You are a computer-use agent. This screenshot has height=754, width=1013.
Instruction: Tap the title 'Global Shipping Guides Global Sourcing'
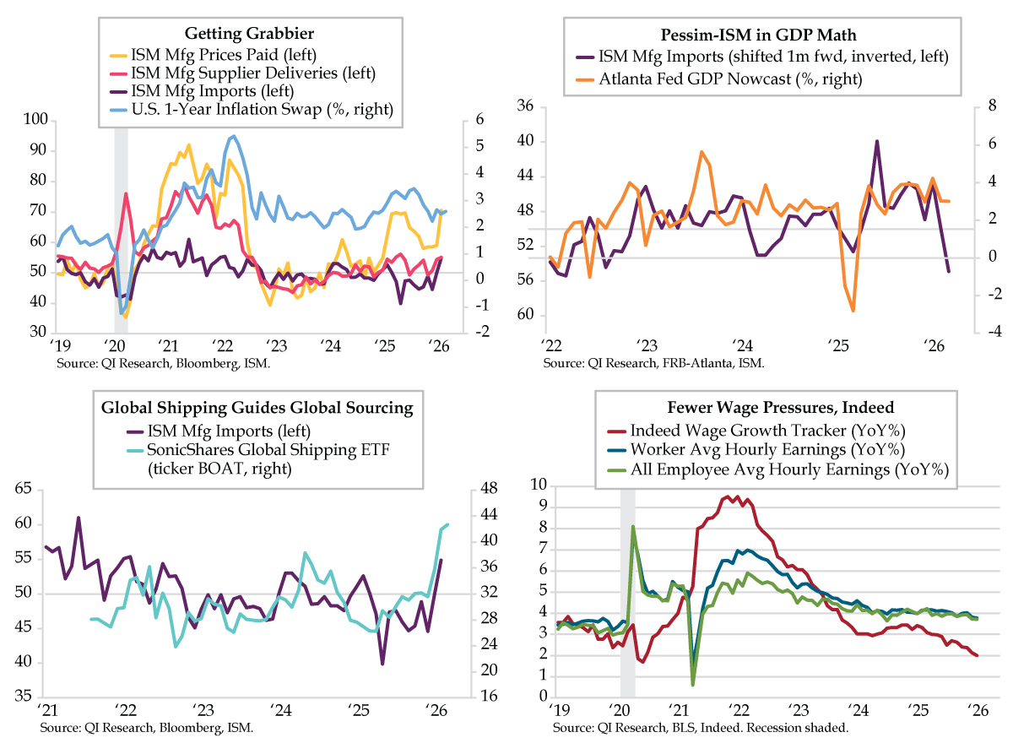tap(257, 408)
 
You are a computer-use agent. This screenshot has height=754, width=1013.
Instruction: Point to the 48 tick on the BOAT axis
tap(464, 489)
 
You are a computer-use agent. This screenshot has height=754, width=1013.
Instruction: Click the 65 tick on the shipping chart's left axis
tap(24, 489)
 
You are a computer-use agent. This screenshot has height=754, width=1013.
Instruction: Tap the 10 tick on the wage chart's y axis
tap(538, 485)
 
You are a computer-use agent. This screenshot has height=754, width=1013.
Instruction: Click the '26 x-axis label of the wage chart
tap(976, 710)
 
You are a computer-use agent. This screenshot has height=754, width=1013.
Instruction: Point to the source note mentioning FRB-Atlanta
tap(653, 362)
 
